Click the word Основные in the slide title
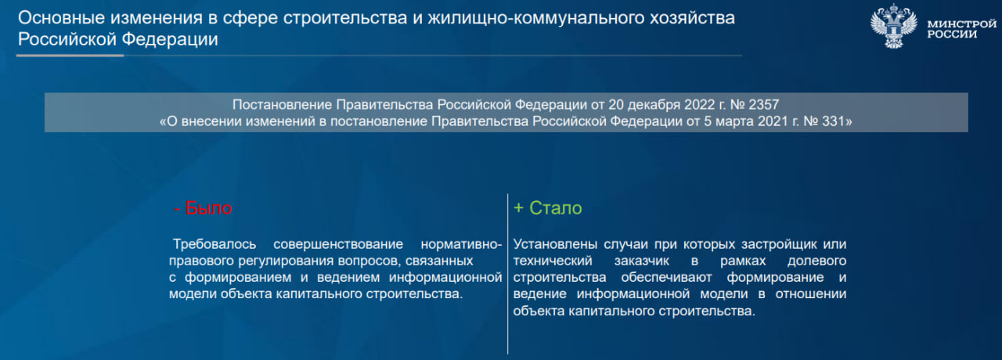[x=62, y=18]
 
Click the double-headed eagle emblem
[x=893, y=26]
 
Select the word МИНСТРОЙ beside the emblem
[x=962, y=24]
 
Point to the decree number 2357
[x=764, y=105]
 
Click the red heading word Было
[x=208, y=208]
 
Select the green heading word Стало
[x=556, y=208]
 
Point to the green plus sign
[x=518, y=208]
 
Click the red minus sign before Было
[x=177, y=209]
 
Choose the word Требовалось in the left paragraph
[x=214, y=244]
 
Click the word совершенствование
[x=338, y=244]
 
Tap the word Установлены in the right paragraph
[x=555, y=244]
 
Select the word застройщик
[x=779, y=244]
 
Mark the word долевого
[x=816, y=261]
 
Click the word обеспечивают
[x=666, y=277]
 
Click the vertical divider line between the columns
[x=508, y=274]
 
